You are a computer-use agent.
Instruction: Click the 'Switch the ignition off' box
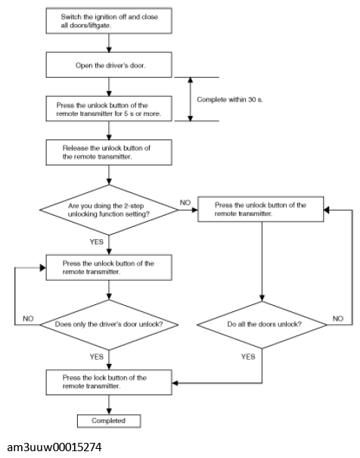(109, 20)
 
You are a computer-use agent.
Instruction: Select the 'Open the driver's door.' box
(109, 65)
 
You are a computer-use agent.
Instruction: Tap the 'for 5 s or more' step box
(109, 109)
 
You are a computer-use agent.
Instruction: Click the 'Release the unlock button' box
(109, 152)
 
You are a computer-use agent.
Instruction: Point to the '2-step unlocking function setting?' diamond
(109, 210)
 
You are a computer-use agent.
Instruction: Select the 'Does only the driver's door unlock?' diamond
(109, 325)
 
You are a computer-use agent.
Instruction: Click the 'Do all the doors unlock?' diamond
(262, 325)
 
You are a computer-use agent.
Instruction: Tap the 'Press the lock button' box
(109, 382)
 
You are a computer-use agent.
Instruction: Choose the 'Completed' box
(109, 421)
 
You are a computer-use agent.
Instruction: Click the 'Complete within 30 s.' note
(230, 100)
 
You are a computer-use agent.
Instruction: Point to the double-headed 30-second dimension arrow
(191, 99)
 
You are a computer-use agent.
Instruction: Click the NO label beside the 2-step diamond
(185, 202)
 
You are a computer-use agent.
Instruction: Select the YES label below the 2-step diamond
(97, 241)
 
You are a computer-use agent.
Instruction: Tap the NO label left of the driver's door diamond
(28, 319)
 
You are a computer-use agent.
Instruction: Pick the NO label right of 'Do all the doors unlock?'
(338, 319)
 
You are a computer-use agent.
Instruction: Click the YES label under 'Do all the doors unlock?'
(248, 357)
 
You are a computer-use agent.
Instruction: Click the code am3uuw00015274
(54, 447)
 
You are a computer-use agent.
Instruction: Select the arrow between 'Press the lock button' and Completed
(109, 404)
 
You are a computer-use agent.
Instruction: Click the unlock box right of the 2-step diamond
(260, 209)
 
